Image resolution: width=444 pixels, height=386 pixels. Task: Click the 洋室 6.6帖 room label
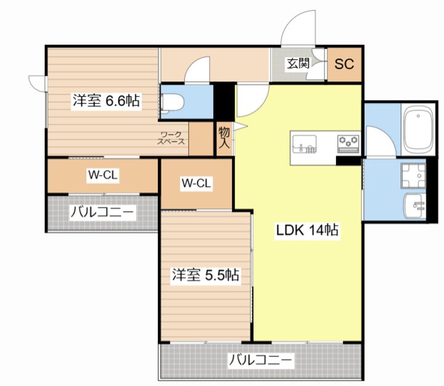click(x=106, y=101)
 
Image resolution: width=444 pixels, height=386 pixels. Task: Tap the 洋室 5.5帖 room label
click(x=206, y=275)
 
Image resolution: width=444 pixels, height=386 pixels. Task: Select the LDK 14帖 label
click(x=307, y=230)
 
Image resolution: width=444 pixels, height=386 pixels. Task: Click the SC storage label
click(x=344, y=64)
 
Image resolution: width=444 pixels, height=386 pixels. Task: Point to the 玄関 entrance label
click(x=298, y=64)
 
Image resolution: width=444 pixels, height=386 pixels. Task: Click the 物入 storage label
click(x=224, y=138)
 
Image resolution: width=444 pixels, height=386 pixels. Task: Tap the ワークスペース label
click(x=171, y=138)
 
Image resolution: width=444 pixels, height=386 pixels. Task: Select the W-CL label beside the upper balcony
click(x=103, y=175)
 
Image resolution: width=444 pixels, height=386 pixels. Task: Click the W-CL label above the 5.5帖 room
click(x=196, y=183)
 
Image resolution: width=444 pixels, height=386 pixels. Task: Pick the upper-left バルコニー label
click(x=102, y=212)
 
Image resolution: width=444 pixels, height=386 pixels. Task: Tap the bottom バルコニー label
click(x=260, y=360)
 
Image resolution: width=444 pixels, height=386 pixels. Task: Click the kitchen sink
click(x=305, y=144)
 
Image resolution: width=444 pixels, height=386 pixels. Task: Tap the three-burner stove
click(x=348, y=144)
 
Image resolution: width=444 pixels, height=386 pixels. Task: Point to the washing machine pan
click(x=413, y=176)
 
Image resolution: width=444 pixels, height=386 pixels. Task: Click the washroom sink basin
click(x=414, y=205)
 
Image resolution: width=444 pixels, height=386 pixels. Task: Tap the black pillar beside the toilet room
click(x=224, y=102)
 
